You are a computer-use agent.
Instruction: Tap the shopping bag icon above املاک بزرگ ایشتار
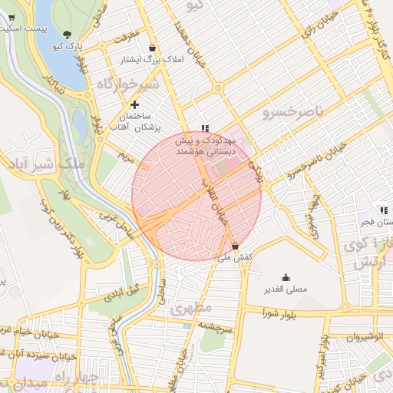pyautogui.click(x=152, y=48)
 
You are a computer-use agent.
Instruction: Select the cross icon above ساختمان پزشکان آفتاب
pyautogui.click(x=135, y=104)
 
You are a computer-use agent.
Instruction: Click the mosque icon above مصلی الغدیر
pyautogui.click(x=286, y=278)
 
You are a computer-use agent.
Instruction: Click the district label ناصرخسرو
pyautogui.click(x=296, y=113)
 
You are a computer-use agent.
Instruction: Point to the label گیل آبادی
pyautogui.click(x=122, y=291)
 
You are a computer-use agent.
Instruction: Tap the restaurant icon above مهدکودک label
pyautogui.click(x=204, y=129)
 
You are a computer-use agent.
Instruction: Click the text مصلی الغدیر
pyautogui.click(x=286, y=290)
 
